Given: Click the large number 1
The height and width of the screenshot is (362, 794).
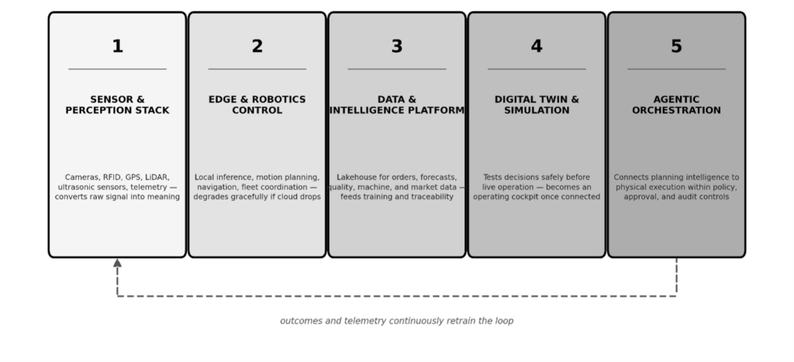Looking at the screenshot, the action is coord(118,47).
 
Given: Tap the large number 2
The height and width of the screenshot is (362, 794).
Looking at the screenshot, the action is coord(257,47).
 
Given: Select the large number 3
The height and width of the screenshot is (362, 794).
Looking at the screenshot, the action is coord(397,47).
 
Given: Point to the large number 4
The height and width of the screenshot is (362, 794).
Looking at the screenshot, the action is coord(537,47).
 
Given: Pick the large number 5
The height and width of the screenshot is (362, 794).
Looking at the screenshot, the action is coord(676,47).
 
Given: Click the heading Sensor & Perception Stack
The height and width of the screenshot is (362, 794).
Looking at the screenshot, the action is coord(118,105).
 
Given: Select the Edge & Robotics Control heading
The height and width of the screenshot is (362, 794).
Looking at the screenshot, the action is coord(257,105).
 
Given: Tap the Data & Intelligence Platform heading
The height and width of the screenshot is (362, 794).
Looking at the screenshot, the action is coord(397,105).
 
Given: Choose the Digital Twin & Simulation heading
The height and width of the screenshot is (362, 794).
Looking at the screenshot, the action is coord(537,105).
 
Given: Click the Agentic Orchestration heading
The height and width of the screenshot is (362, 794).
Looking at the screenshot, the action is coord(676,105).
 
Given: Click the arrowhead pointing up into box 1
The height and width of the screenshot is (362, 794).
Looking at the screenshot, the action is coord(118,263).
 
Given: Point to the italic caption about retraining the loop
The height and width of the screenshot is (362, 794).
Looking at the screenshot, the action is coord(397,321).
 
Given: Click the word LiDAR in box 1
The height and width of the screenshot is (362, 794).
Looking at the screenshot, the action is coord(157,178).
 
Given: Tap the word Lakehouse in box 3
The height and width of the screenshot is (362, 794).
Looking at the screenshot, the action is coord(357,178).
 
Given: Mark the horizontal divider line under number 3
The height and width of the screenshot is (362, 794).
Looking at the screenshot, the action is coord(397,69).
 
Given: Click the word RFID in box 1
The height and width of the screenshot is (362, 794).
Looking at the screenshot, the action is coord(112,178).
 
